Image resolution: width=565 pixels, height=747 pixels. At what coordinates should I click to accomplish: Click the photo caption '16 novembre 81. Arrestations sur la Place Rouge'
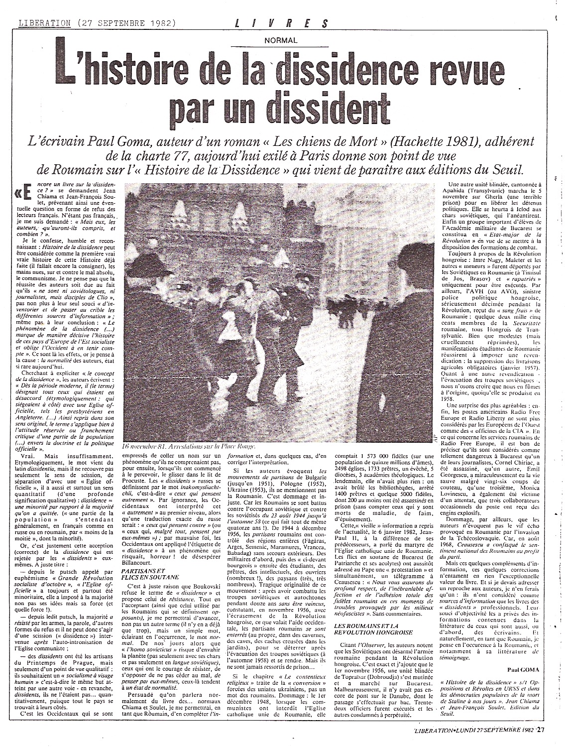189,447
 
